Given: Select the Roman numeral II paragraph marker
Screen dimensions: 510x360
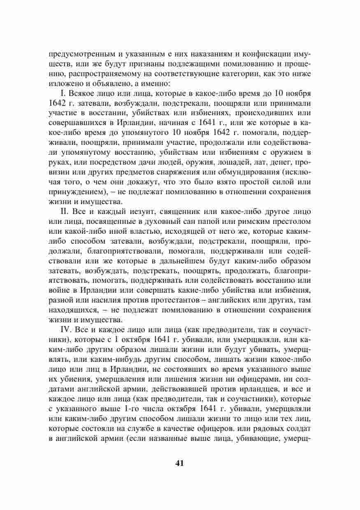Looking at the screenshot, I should coord(64,211).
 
